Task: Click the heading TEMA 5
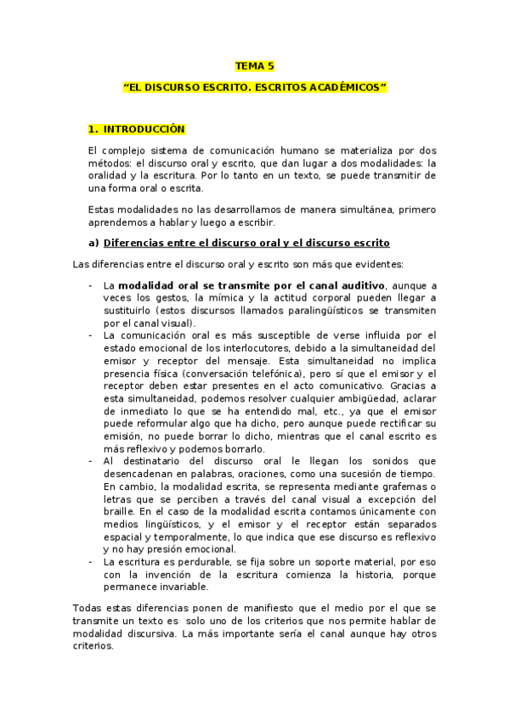coord(254,65)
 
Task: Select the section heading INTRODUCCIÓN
coord(143,129)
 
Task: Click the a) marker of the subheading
coord(93,242)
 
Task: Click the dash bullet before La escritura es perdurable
coord(91,562)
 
